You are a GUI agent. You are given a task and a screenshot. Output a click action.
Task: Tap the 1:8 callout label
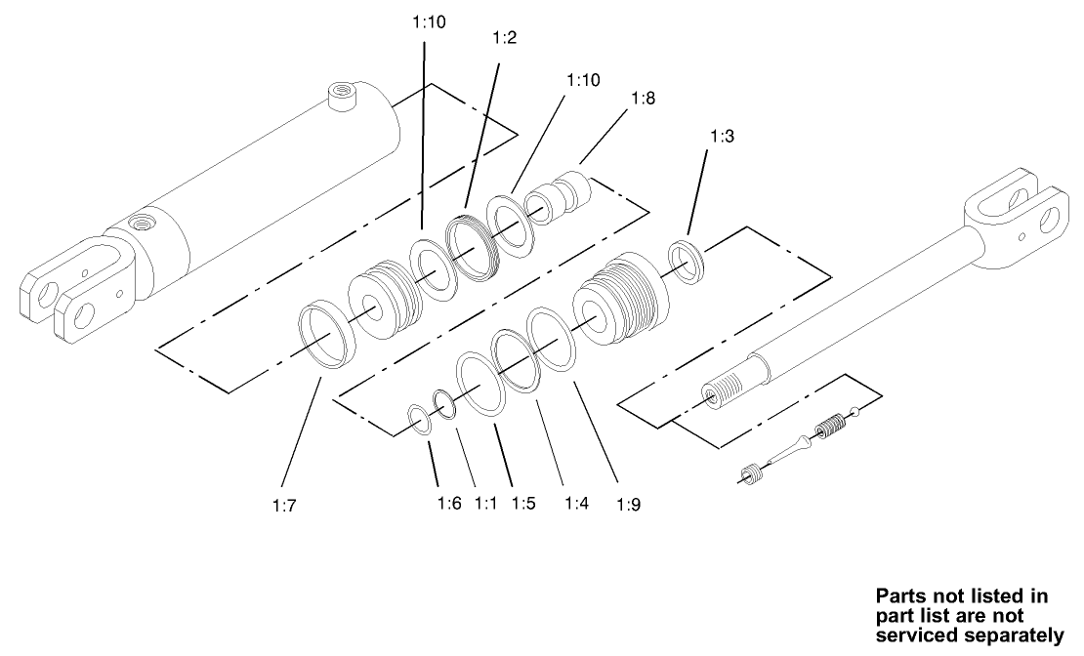click(x=643, y=99)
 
